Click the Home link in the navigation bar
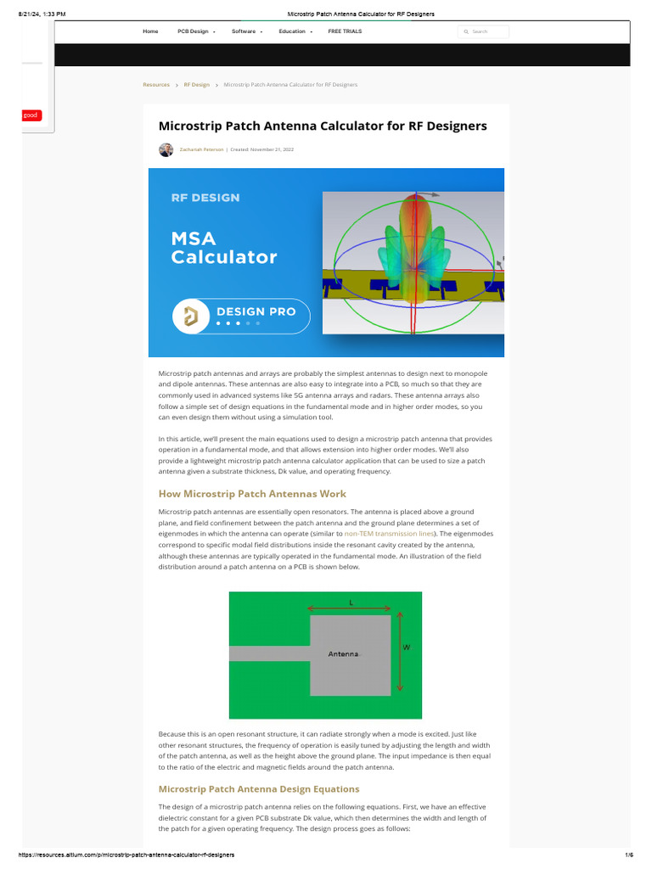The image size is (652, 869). (x=150, y=31)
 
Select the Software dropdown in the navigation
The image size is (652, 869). (x=246, y=31)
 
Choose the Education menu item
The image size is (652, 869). (x=295, y=31)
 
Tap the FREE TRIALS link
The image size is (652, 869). (x=345, y=31)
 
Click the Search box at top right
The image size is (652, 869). (x=483, y=31)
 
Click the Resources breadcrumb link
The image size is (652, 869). (x=156, y=85)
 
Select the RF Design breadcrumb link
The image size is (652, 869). (x=196, y=85)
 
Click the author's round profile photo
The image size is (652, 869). (x=166, y=149)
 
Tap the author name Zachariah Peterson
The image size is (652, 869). (x=200, y=149)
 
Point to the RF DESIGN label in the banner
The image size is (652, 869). (x=205, y=198)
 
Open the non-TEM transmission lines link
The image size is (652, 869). (x=390, y=534)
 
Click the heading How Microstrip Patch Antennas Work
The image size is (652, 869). (x=252, y=493)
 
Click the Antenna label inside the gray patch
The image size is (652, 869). (x=344, y=654)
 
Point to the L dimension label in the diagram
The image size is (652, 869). (x=351, y=602)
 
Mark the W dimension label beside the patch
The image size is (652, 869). (x=406, y=648)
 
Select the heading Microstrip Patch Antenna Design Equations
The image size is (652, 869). (x=259, y=789)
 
